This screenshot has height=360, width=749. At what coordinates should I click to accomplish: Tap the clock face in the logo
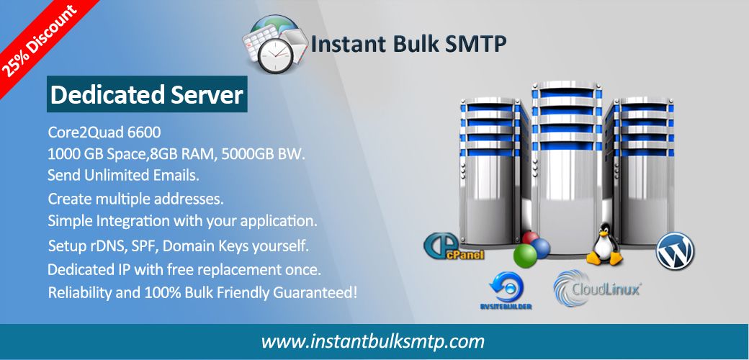[274, 55]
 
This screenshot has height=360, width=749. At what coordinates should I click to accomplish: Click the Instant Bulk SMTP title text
[408, 44]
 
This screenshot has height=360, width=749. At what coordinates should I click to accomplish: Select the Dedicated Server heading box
[147, 94]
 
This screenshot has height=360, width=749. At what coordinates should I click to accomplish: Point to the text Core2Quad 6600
[104, 132]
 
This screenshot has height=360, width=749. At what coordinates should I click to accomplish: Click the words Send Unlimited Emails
[123, 175]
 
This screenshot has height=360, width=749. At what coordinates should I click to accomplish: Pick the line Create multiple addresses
[135, 199]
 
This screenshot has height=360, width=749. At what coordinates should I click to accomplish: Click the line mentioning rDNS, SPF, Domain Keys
[179, 246]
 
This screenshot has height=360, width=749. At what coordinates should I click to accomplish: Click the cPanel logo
[453, 246]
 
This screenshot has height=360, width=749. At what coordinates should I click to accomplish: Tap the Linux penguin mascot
[605, 244]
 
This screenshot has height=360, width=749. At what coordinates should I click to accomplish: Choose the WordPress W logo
[675, 250]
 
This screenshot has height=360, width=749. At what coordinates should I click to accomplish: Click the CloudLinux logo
[597, 287]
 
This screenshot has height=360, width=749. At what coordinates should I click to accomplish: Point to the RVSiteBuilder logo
[506, 291]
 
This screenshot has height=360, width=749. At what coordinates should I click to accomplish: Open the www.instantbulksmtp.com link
[372, 342]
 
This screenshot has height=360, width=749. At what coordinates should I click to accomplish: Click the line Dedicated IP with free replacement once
[184, 270]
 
